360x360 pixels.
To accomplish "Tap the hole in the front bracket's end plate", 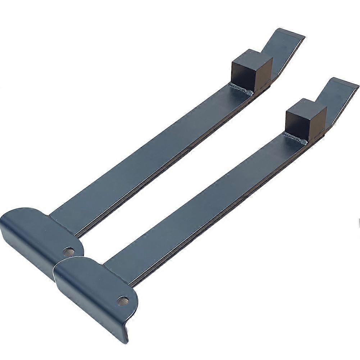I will pos(123,301).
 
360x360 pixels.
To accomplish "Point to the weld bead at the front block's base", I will pos(295,138).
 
